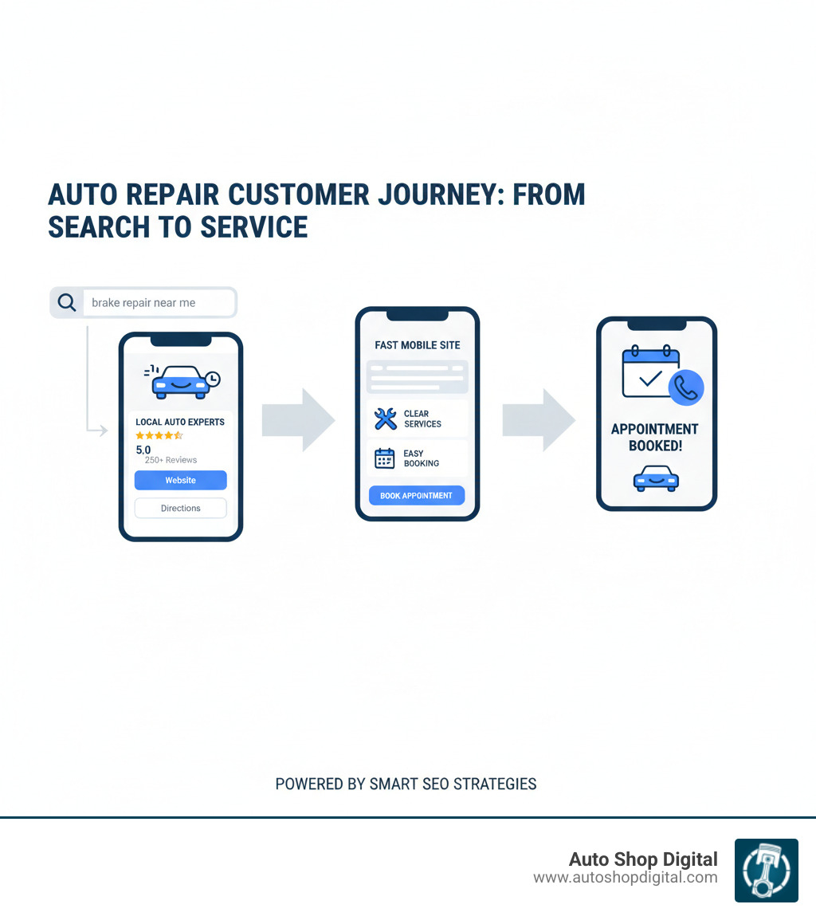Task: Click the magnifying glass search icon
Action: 68,303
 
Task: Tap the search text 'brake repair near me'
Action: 143,303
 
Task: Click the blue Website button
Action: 180,480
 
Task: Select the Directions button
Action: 180,508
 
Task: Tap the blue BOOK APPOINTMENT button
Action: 416,495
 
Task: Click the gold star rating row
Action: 159,435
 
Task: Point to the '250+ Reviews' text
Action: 171,460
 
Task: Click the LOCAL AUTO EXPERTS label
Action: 180,422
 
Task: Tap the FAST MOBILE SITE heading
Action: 417,345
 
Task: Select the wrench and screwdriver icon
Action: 385,419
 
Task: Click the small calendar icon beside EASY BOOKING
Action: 385,458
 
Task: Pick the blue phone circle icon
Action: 686,387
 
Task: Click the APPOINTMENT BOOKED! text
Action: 655,438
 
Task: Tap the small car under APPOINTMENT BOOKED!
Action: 655,478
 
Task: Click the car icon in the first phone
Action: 182,382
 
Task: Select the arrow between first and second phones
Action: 298,419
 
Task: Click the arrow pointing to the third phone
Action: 539,419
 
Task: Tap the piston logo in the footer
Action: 766,870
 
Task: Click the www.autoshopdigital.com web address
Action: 625,878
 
